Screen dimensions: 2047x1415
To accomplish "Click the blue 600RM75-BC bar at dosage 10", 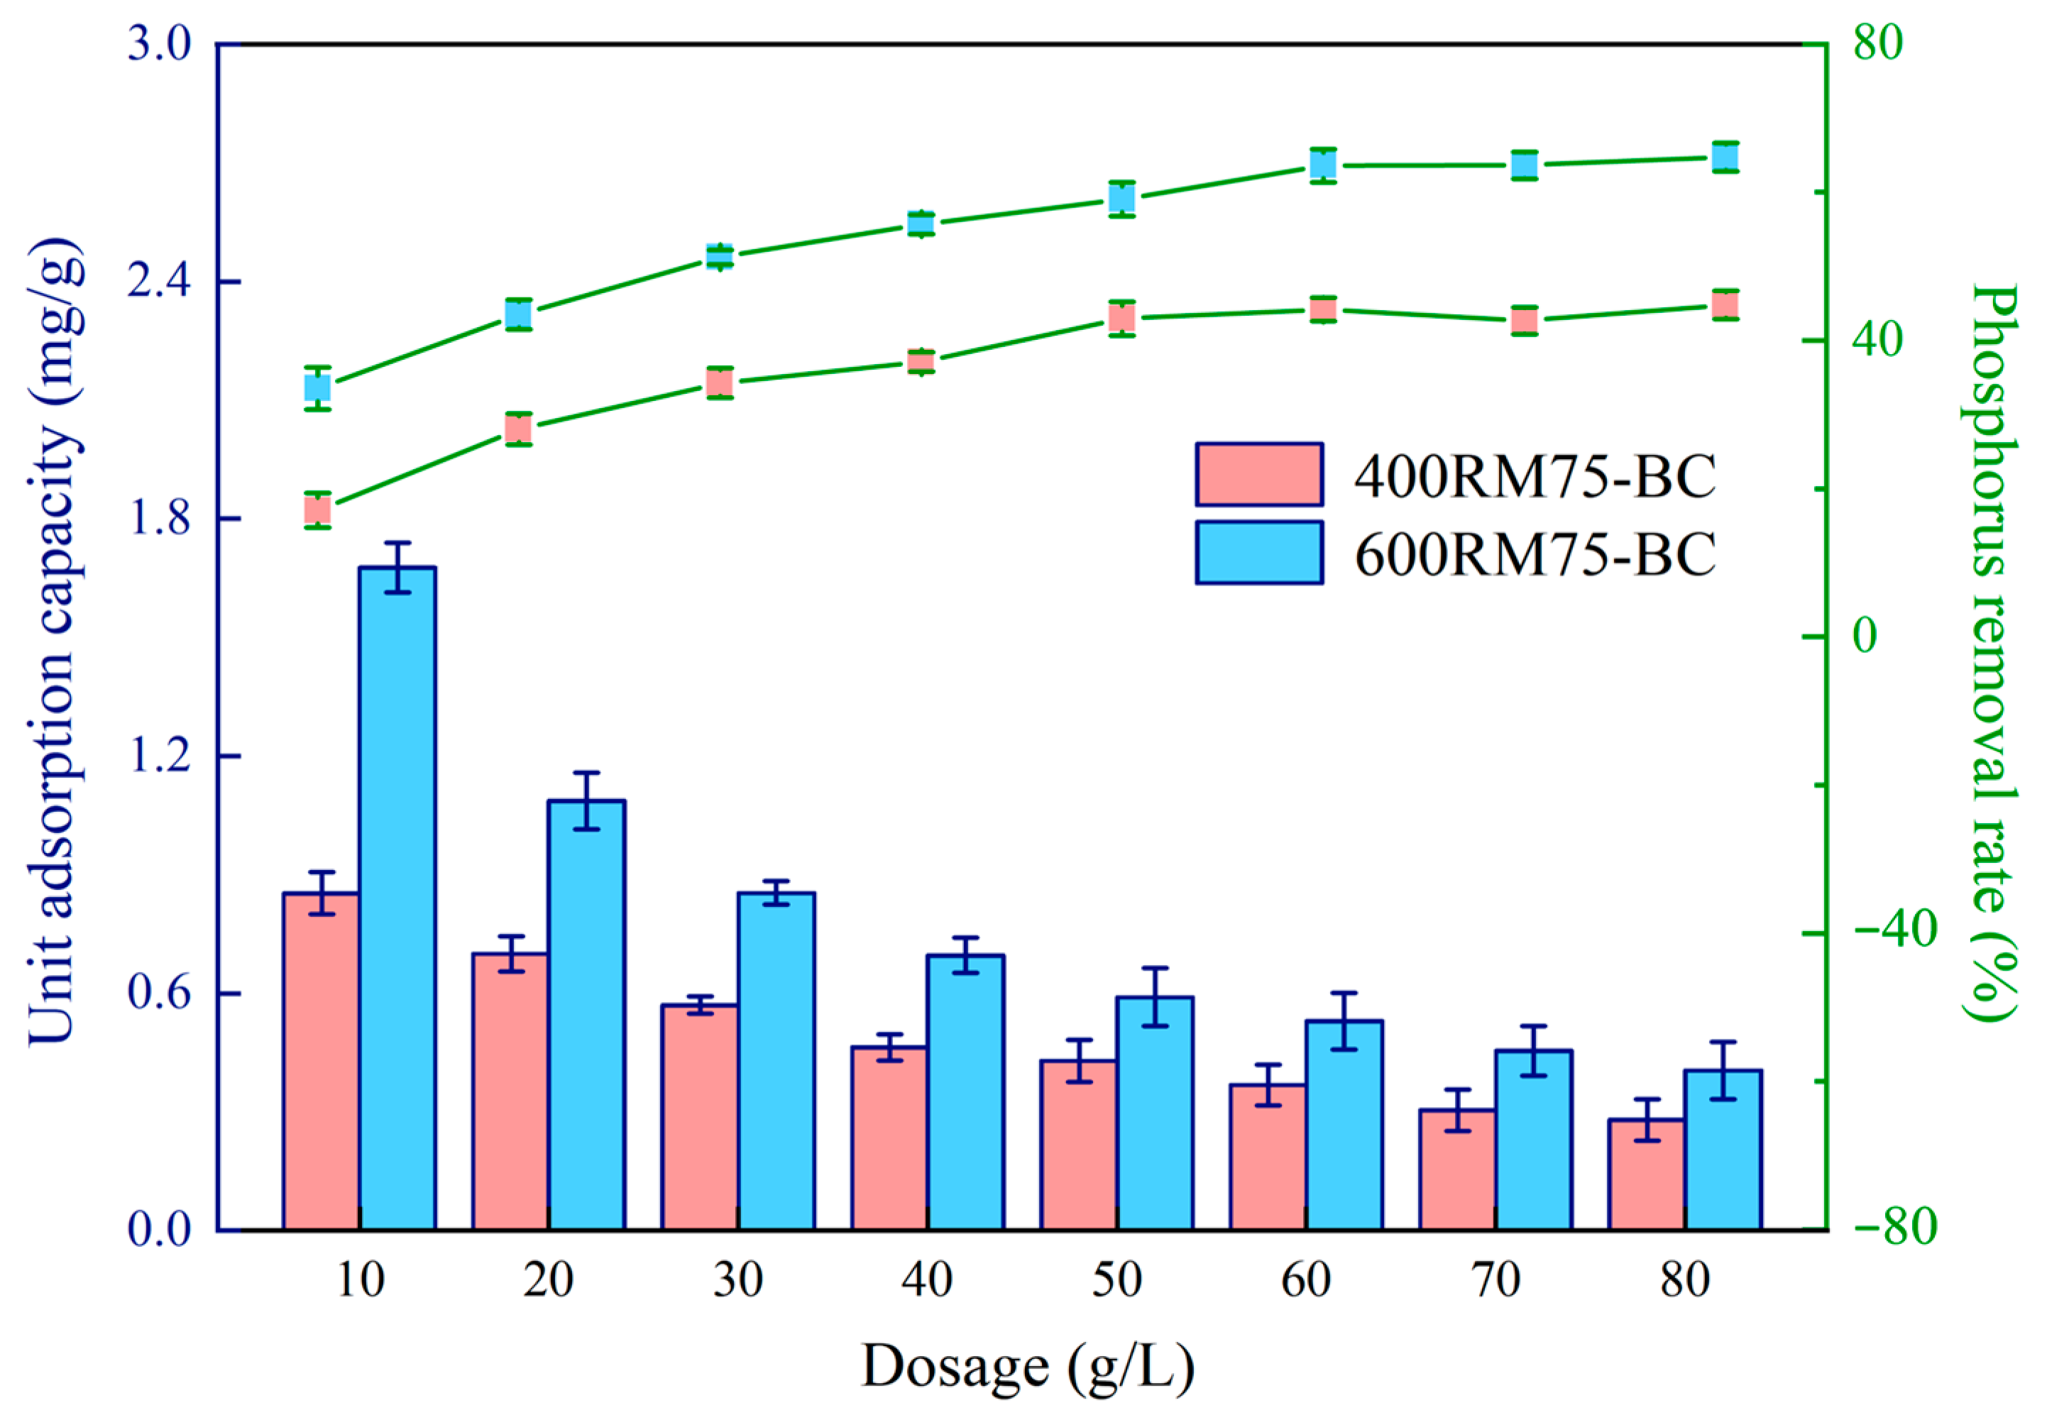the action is pyautogui.click(x=397, y=898).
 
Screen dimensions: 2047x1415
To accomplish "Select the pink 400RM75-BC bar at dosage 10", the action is pyautogui.click(x=321, y=1062).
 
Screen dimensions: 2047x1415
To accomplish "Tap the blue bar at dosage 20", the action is pyautogui.click(x=587, y=1015).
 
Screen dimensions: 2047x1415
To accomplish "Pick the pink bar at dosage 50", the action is pyautogui.click(x=1079, y=1145).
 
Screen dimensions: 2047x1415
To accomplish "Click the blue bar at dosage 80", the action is pyautogui.click(x=1723, y=1150).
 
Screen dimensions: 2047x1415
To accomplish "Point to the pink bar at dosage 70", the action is pyautogui.click(x=1457, y=1169).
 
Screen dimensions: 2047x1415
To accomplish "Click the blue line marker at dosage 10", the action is pyautogui.click(x=317, y=387).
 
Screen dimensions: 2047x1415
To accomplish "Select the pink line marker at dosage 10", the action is pyautogui.click(x=317, y=510).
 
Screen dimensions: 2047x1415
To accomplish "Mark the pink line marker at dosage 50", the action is pyautogui.click(x=1122, y=317).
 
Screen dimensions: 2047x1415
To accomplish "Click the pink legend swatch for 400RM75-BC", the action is pyautogui.click(x=1259, y=474).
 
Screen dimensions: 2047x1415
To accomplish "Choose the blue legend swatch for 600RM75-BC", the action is pyautogui.click(x=1259, y=552).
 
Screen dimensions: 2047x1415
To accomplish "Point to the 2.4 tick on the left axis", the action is pyautogui.click(x=229, y=281).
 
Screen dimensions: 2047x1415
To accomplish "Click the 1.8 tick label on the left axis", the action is pyautogui.click(x=160, y=519).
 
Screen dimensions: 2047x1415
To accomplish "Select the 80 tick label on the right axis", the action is pyautogui.click(x=1877, y=43).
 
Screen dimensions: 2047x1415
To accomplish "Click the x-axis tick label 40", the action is pyautogui.click(x=927, y=1279).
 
